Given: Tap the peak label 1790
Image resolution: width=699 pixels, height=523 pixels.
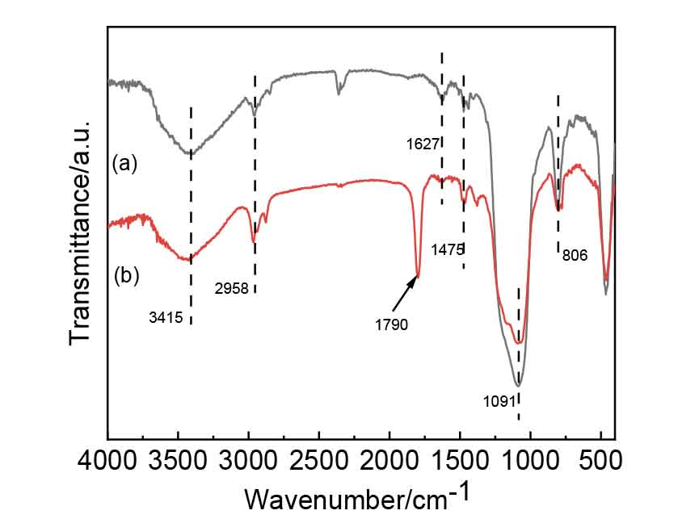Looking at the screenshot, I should [x=392, y=325].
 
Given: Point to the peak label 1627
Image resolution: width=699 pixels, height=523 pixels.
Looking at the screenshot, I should [x=424, y=145].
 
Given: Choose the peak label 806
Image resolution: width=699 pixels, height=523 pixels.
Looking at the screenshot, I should [x=575, y=254].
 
